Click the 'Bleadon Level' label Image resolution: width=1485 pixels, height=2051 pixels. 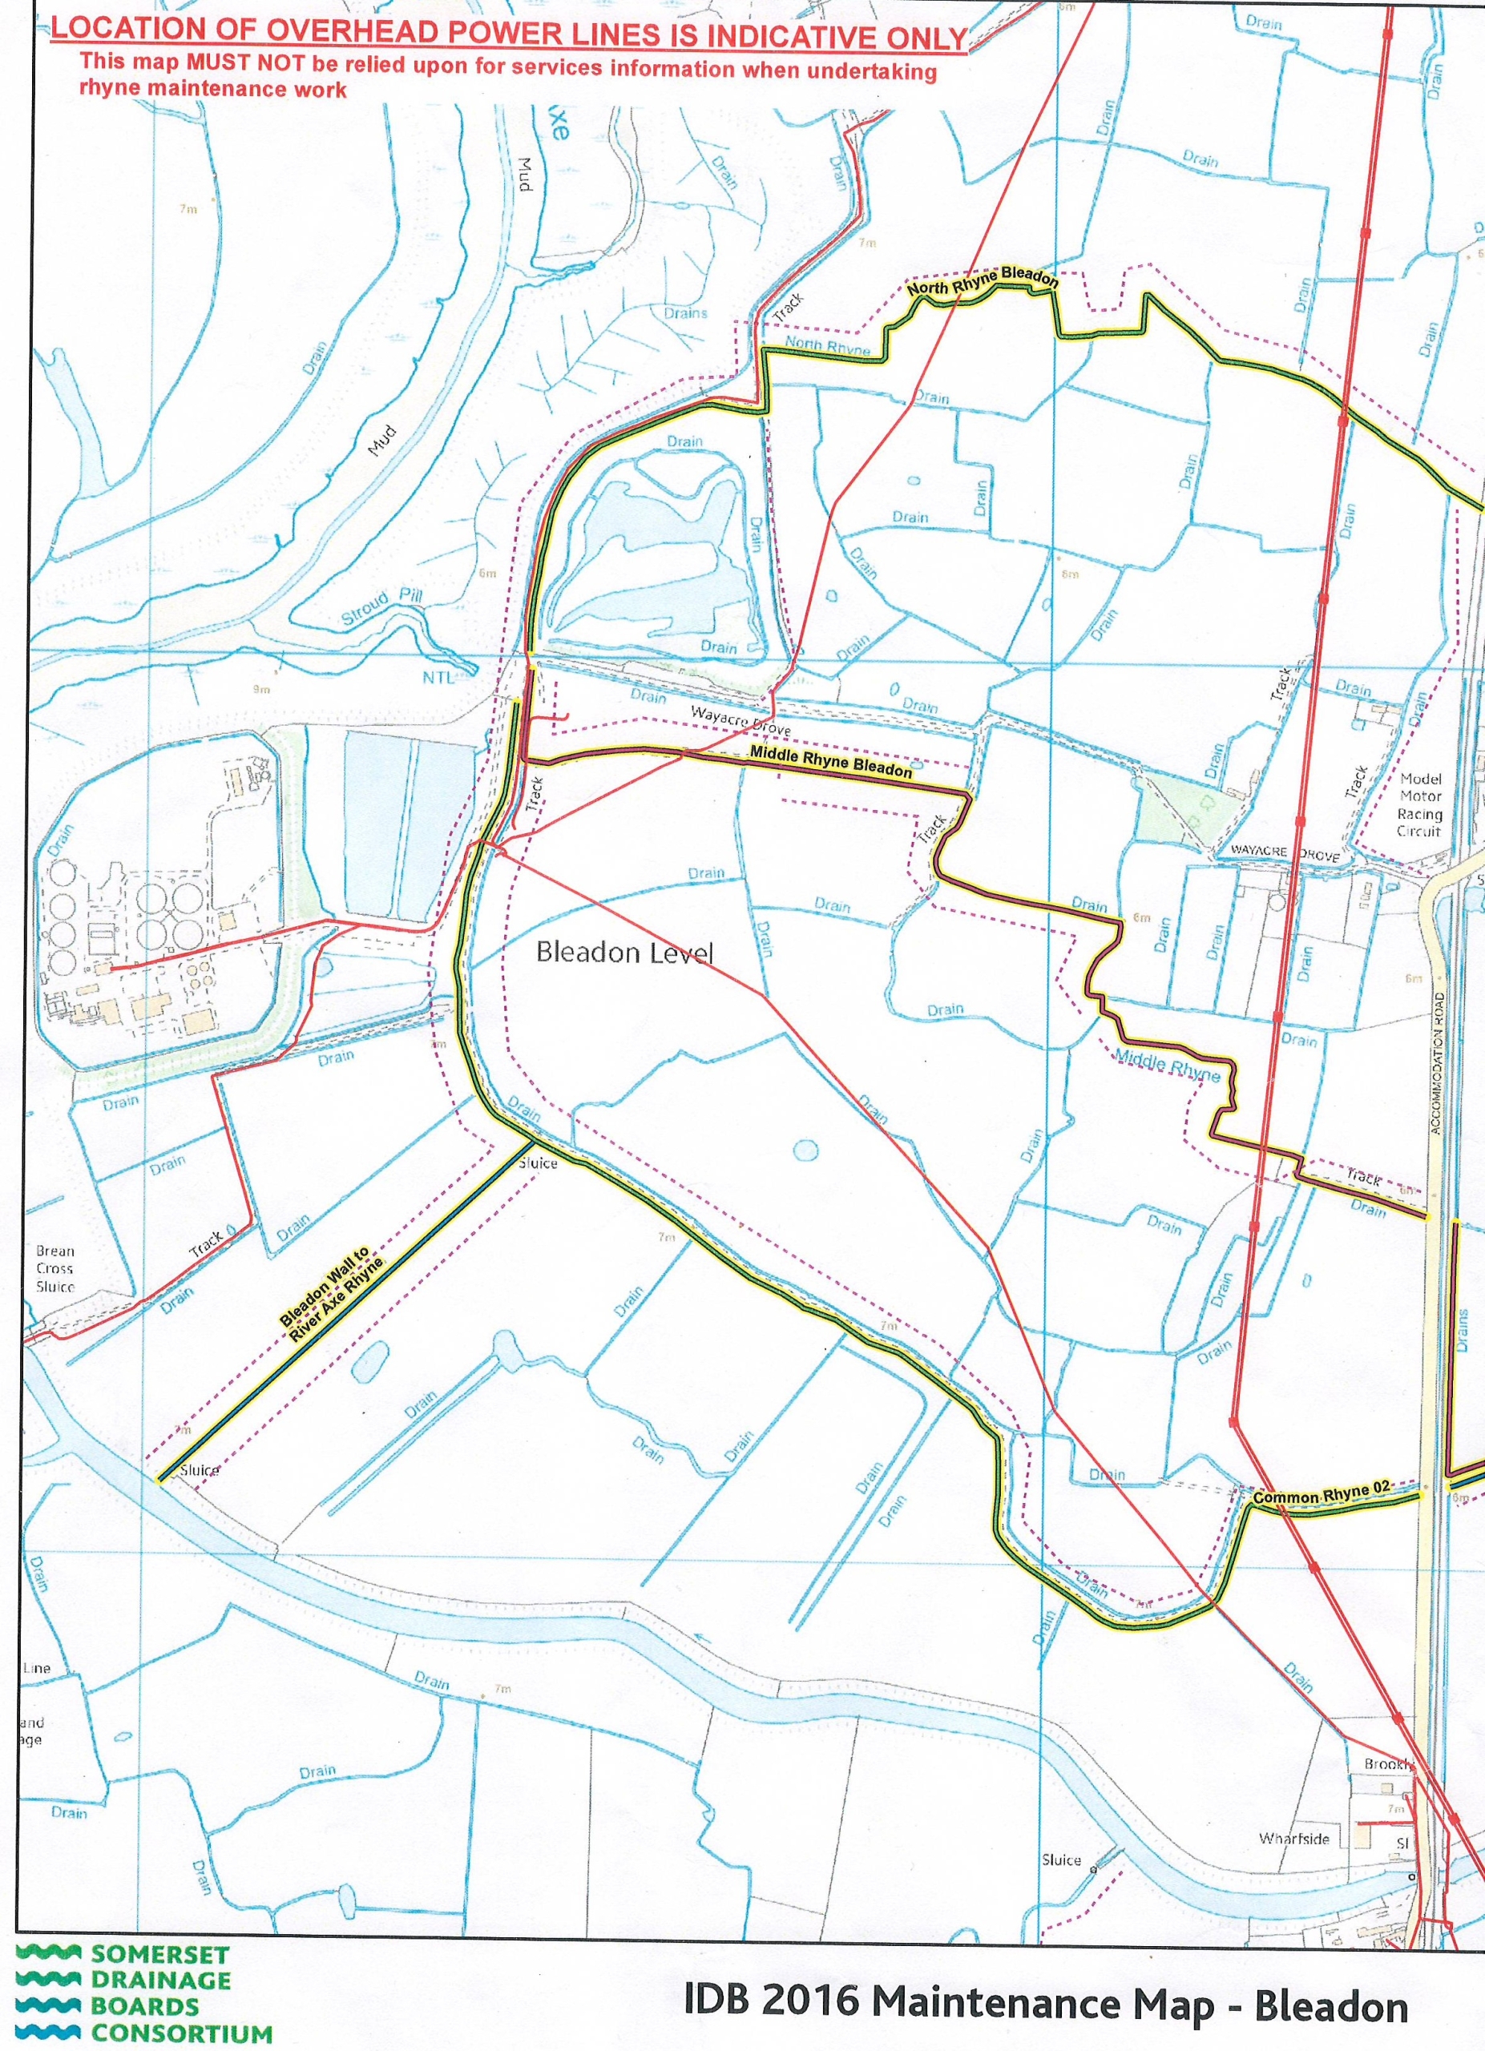click(x=625, y=953)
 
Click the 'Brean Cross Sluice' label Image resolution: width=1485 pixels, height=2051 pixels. click(x=55, y=1269)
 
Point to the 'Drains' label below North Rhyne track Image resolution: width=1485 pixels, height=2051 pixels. click(x=684, y=313)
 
